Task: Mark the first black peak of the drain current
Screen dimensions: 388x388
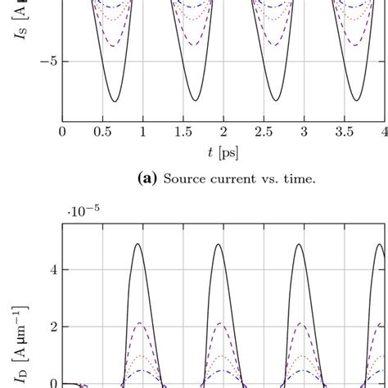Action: click(x=138, y=244)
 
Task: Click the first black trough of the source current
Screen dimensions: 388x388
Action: click(x=115, y=102)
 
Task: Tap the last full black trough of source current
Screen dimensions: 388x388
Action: click(x=356, y=102)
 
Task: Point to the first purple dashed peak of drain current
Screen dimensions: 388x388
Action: click(x=139, y=323)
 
